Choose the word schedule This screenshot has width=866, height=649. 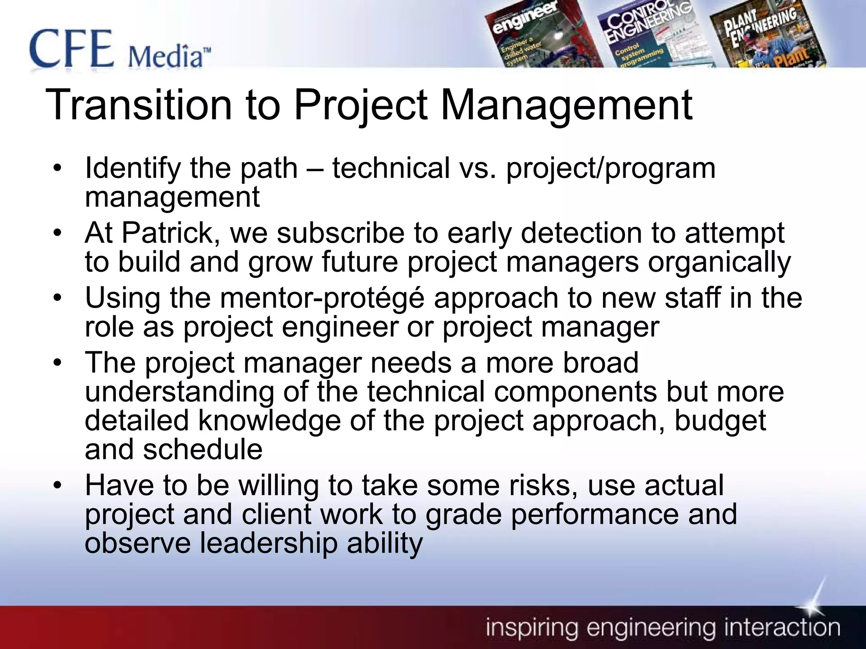(x=203, y=449)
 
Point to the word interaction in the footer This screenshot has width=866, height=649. (x=782, y=628)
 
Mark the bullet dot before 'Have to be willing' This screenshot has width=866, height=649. (x=58, y=485)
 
